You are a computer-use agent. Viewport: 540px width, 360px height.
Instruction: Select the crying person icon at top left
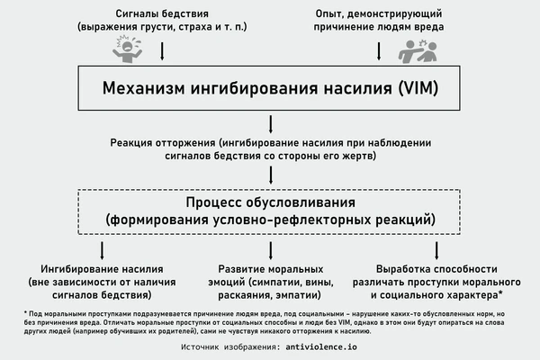130,49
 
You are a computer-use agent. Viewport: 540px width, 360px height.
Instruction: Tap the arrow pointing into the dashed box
269,176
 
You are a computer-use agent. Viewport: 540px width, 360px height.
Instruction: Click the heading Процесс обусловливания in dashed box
269,202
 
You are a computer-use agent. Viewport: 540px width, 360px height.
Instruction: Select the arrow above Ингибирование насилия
102,250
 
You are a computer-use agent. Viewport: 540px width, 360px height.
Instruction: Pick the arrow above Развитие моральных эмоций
269,250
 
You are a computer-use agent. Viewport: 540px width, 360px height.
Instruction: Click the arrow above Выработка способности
436,250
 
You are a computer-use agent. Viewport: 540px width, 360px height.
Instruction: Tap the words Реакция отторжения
160,143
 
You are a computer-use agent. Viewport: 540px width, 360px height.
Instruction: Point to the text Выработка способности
436,268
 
